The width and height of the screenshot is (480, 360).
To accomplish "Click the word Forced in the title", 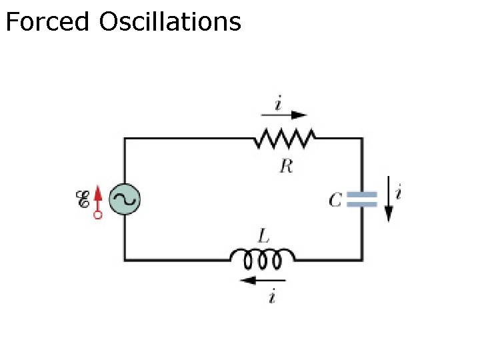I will pos(47,22).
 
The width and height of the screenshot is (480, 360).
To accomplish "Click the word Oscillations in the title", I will pos(169,22).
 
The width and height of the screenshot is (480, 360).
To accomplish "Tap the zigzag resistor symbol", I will pos(285,139).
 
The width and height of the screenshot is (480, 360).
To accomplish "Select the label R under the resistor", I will pos(285,166).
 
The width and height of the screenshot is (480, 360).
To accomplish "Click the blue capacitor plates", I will pos(363,199).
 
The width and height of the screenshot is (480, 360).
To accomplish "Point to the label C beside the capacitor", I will pos(336,199).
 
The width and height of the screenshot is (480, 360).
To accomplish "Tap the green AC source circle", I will pos(125,199).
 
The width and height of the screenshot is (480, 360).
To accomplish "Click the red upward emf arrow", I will pos(97,197).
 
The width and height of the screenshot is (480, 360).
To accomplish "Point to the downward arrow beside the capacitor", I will pos(389,199).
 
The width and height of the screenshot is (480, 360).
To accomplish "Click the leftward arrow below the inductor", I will pos(262,281).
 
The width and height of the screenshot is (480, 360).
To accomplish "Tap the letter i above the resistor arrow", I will pos(277,103).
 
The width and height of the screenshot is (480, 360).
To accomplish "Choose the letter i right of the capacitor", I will pos(399,194).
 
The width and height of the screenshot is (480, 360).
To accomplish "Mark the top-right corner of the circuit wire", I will pos(363,139).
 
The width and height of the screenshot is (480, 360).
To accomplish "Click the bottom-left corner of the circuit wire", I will pos(125,259).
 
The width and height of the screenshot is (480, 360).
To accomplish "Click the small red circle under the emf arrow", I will pos(97,215).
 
